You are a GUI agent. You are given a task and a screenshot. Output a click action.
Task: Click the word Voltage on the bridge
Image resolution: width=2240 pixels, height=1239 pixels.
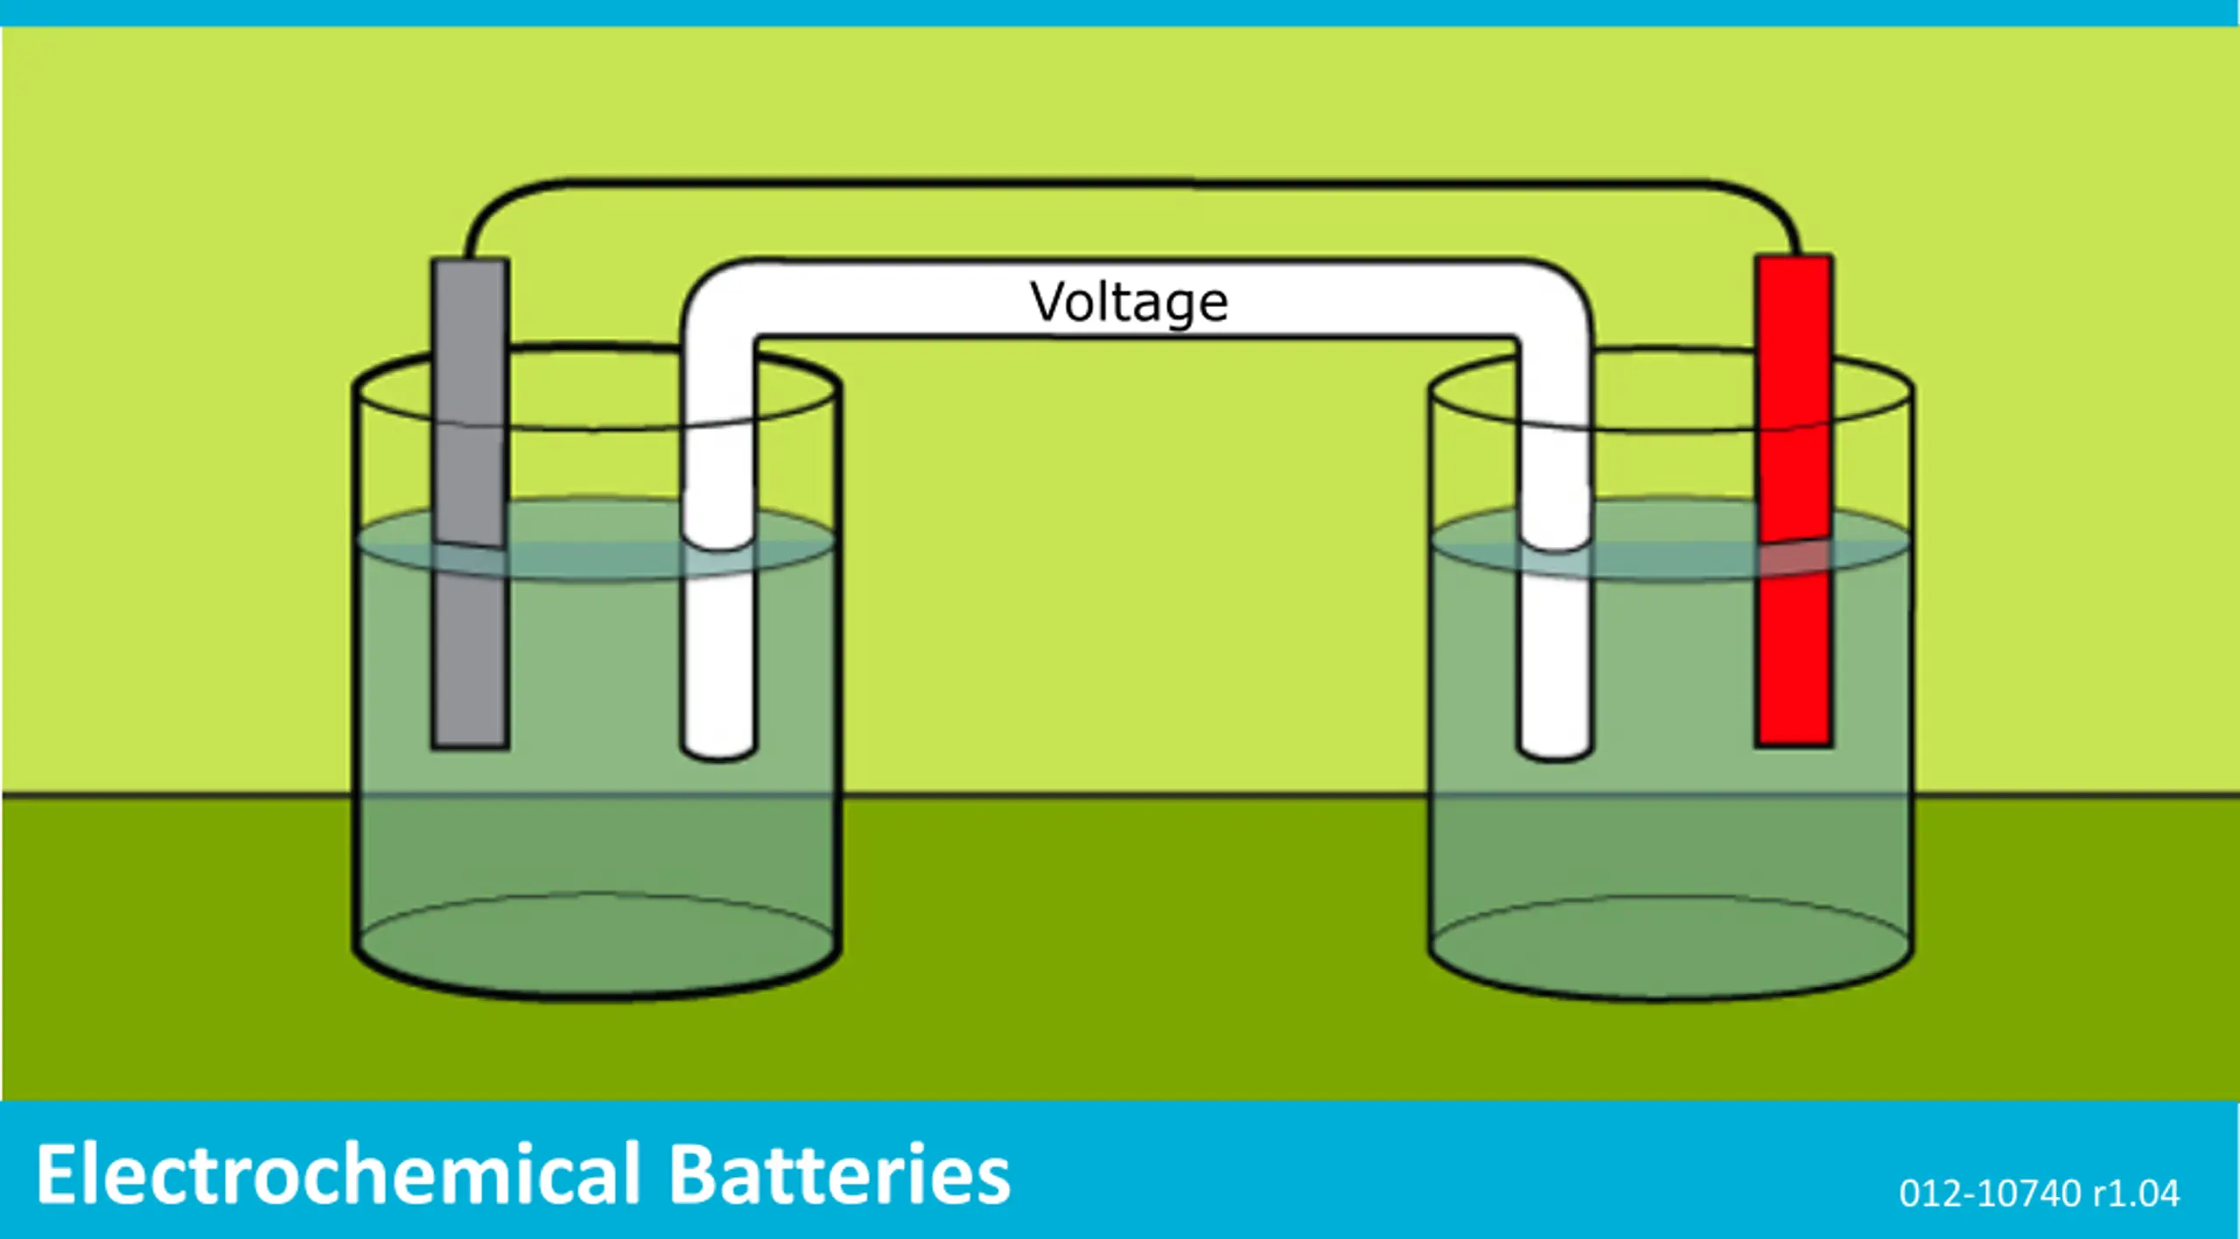pos(1129,303)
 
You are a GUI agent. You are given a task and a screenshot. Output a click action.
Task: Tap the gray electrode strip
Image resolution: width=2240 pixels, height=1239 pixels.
pos(470,503)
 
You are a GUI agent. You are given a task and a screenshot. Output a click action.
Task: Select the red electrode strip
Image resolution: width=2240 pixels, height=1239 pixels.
pos(1794,500)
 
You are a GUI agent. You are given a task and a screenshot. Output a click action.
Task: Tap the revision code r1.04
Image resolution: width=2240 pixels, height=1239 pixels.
pos(2136,1193)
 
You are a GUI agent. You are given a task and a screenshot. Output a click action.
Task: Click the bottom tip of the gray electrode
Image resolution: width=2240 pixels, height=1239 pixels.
pos(470,747)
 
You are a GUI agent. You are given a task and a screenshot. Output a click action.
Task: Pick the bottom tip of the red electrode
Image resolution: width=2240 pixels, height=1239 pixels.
pos(1794,745)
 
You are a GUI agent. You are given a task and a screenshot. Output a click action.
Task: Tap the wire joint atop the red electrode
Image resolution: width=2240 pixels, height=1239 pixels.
pos(1796,253)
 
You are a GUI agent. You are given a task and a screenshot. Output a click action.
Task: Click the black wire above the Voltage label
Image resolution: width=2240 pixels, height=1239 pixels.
pos(1129,183)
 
